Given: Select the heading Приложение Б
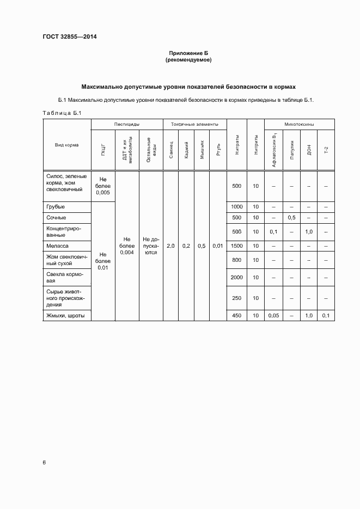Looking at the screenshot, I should (x=188, y=53).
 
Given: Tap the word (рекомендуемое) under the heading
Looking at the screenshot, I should (x=188, y=60).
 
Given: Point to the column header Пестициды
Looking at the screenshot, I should (x=126, y=125).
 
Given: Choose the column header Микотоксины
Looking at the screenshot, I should (x=300, y=125).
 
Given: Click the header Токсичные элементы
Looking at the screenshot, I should (x=194, y=125).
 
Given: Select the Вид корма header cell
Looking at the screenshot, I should (x=66, y=145).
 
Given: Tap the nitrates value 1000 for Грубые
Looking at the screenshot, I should (x=236, y=207).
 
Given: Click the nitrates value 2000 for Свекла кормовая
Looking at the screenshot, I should (x=236, y=278).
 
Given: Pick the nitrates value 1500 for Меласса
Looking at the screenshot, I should (x=236, y=246).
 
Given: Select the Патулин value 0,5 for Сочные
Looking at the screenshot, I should (x=292, y=218).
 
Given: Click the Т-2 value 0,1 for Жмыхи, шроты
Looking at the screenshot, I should (x=326, y=316).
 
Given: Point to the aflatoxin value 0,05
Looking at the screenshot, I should (x=273, y=316).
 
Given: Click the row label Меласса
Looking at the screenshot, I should (x=57, y=246).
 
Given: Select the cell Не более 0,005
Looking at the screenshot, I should (x=103, y=186).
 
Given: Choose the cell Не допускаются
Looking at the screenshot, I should (x=150, y=246).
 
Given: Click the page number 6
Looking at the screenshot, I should (x=44, y=462).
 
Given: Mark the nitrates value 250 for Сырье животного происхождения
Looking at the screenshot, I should (x=236, y=298).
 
